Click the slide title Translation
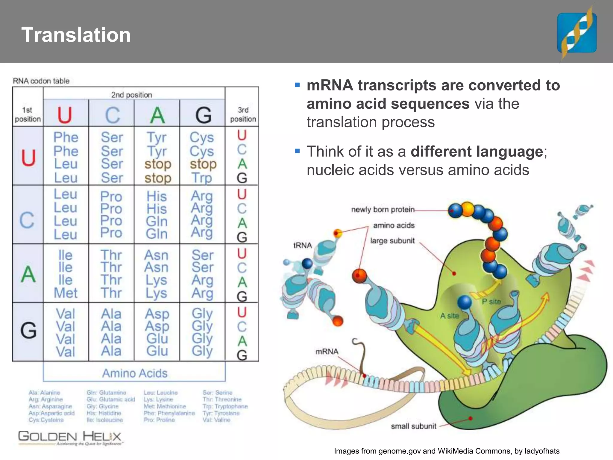pos(76,35)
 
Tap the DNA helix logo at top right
pos(576,33)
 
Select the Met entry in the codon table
pos(66,293)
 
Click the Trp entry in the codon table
pos(202,178)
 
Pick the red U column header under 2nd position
pos(65,115)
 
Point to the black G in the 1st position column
pos(28,331)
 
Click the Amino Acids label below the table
pos(135,373)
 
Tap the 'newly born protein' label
pos(383,209)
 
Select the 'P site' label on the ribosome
pos(491,301)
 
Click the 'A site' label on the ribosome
pos(449,316)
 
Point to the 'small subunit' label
pos(413,426)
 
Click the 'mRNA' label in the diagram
pos(327,351)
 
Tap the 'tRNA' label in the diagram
pos(302,245)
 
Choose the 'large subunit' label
pos(392,241)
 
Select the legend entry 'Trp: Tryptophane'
pos(225,406)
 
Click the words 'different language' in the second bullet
pos(477,151)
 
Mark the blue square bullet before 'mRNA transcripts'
pos(297,85)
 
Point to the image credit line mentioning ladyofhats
pos(447,451)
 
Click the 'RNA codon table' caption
pos(41,81)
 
